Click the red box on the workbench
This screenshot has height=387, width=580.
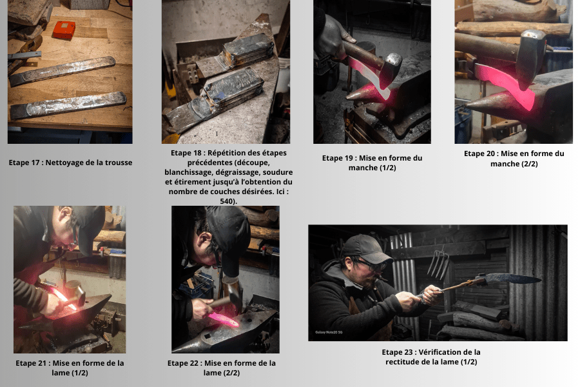coord(64,30)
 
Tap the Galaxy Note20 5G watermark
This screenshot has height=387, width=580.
coord(329,332)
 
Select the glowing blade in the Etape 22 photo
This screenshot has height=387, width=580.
coord(224,320)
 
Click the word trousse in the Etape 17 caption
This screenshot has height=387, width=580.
coord(119,163)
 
